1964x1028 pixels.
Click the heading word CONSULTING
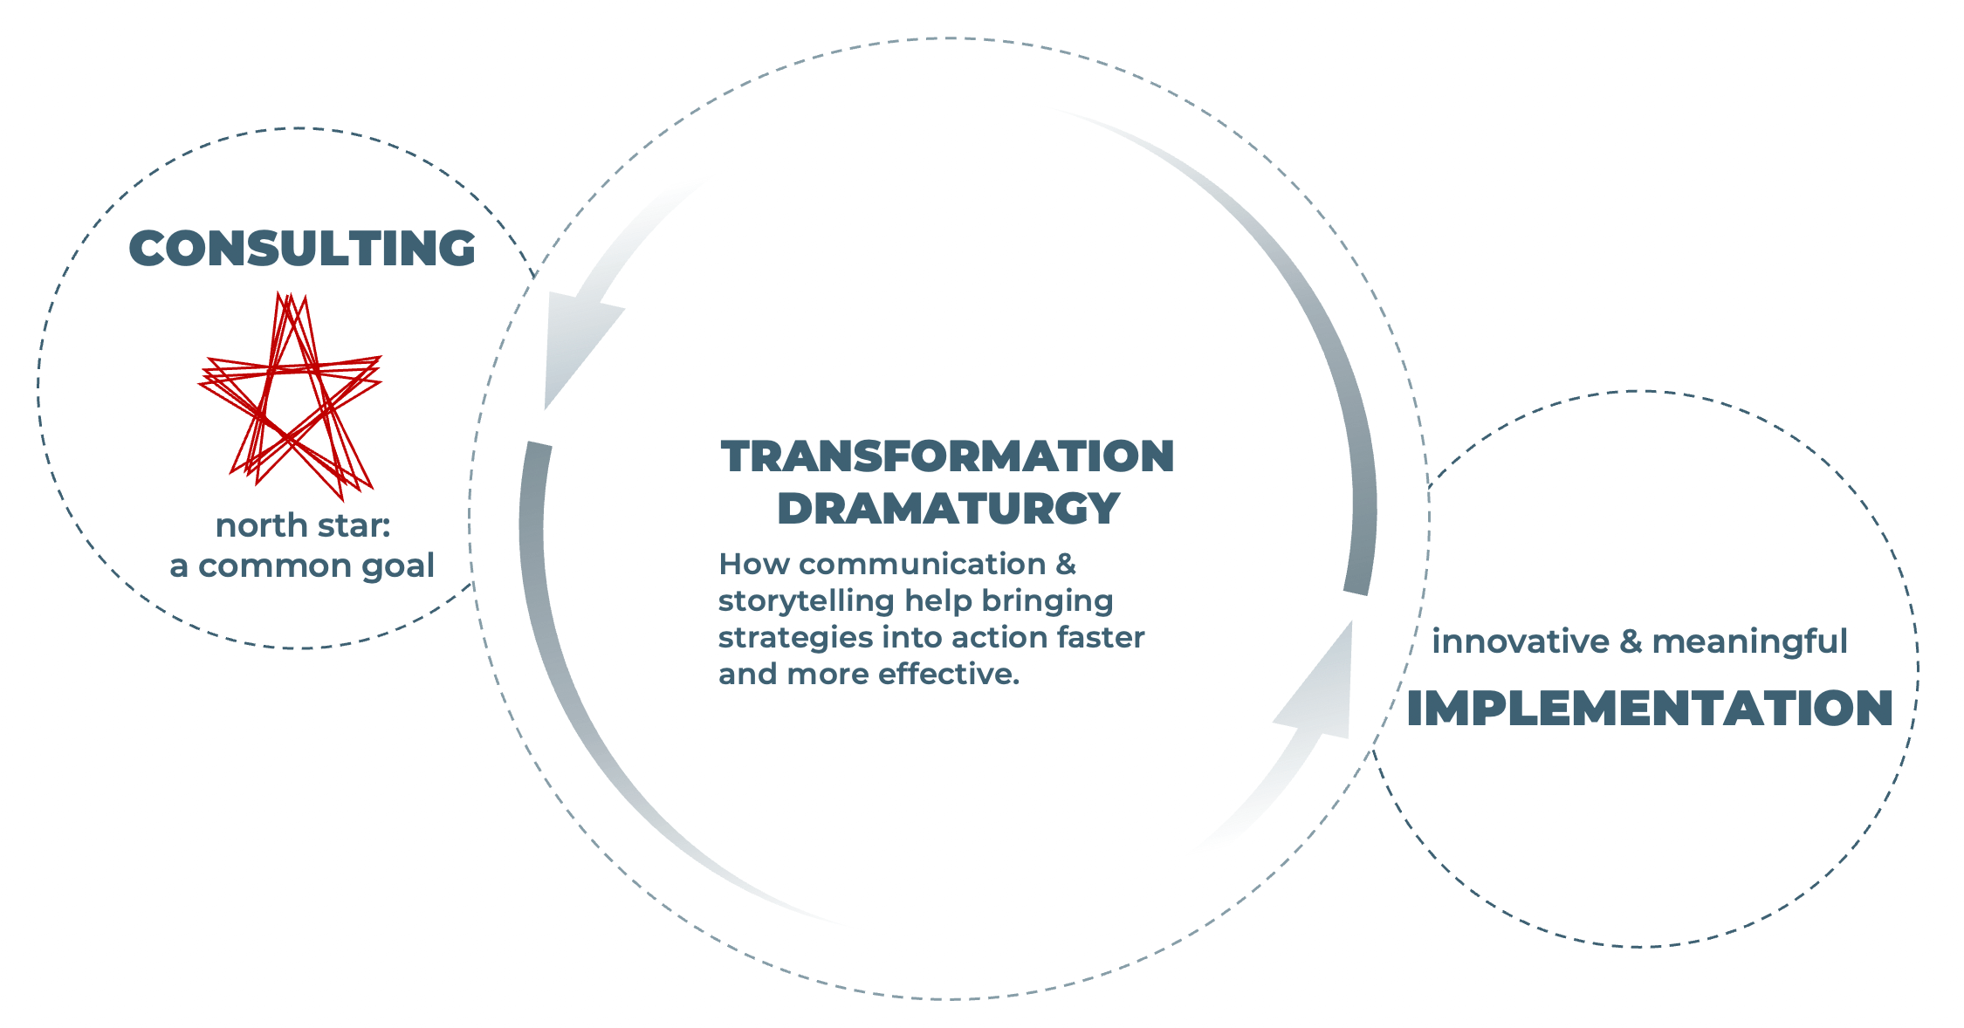point(302,248)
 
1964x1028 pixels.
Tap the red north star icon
point(290,395)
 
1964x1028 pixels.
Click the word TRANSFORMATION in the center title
point(947,456)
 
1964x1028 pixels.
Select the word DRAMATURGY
point(949,508)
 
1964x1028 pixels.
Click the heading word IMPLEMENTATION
point(1650,708)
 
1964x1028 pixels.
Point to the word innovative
point(1521,641)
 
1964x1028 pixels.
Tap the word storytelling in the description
point(807,602)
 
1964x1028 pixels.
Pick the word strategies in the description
point(795,639)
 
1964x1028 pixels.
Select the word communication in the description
point(922,565)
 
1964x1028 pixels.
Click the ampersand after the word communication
point(1066,565)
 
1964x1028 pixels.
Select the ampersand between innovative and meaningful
point(1631,642)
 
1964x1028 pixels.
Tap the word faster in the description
point(1101,638)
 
